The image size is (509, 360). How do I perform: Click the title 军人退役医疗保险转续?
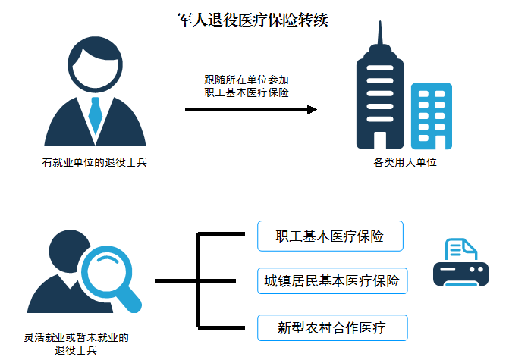click(253, 20)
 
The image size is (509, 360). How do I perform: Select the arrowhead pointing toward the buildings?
click(311, 110)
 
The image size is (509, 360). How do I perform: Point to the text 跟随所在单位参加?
click(246, 78)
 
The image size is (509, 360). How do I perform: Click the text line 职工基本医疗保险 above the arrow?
click(246, 92)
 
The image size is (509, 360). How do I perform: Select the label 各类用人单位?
click(406, 162)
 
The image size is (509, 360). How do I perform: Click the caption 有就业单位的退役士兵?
click(95, 162)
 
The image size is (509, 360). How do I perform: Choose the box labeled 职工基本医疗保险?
click(329, 236)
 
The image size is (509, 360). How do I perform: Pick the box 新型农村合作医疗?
click(331, 328)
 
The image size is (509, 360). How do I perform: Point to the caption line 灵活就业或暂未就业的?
click(77, 337)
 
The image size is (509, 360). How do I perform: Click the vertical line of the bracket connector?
click(198, 281)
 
